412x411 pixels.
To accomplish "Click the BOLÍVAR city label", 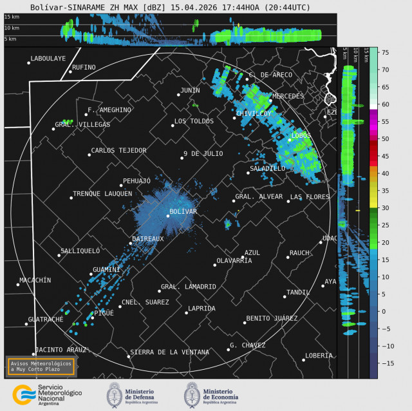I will [183, 211].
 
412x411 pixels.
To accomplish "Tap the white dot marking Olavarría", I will [215, 265].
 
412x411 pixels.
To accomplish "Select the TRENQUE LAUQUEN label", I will [102, 193].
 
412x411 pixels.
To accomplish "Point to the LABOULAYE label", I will [48, 59].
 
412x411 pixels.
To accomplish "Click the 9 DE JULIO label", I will [203, 153].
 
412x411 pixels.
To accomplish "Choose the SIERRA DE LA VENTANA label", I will [169, 352].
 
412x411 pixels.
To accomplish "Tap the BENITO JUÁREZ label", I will [272, 318].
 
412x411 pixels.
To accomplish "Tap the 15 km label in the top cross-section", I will [11, 16].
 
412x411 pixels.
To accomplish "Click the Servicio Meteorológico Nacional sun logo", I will [23, 394].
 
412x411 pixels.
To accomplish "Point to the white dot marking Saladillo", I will [248, 172].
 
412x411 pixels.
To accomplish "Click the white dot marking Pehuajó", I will [120, 186].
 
